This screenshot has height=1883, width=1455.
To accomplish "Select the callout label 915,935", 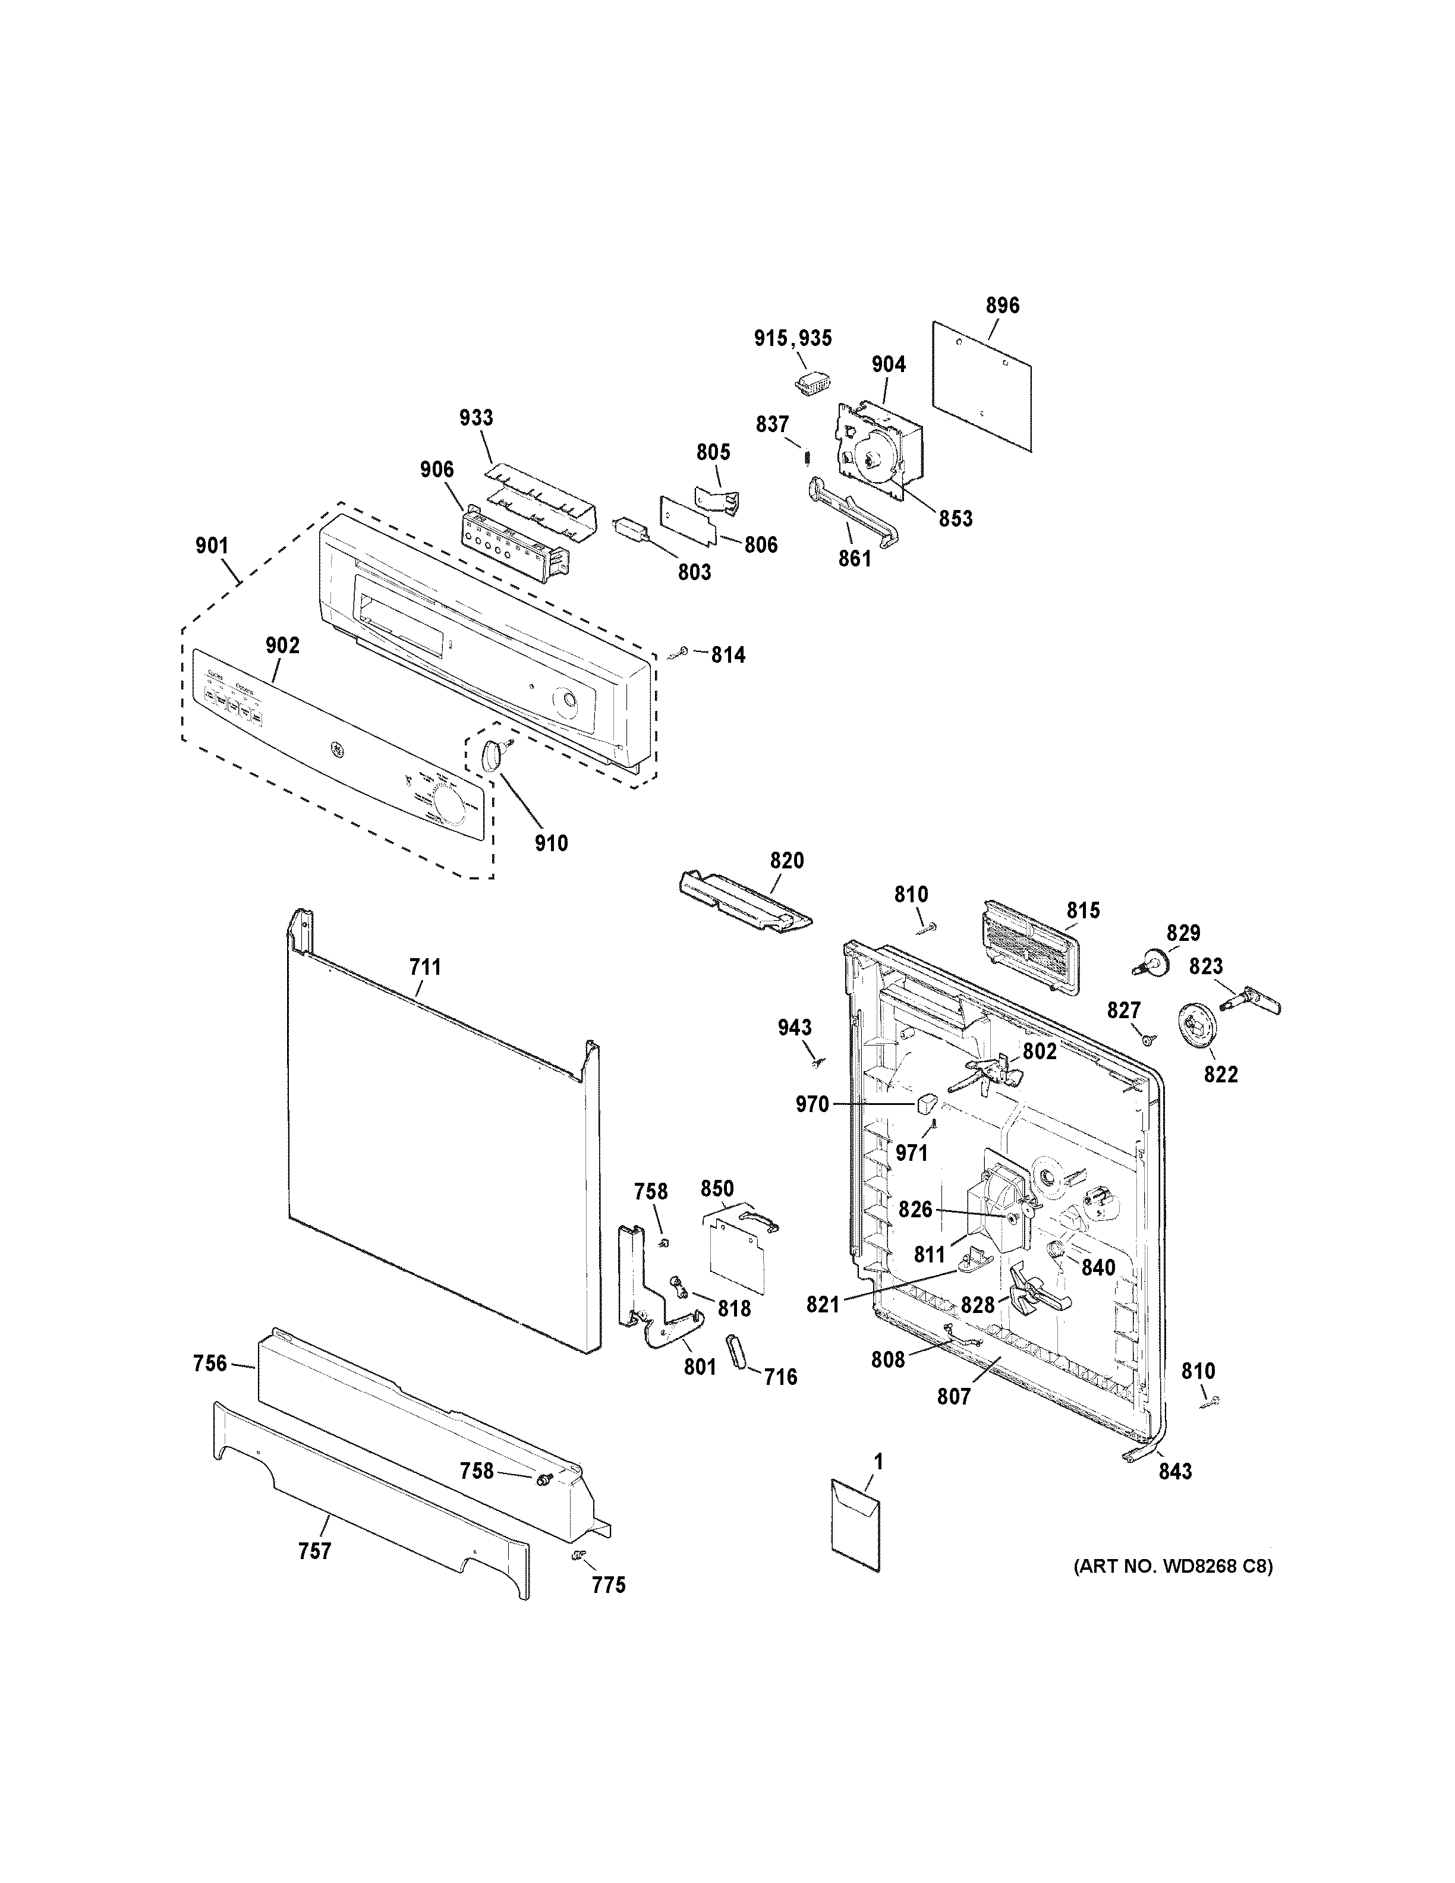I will tap(793, 338).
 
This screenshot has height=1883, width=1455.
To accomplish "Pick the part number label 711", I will tap(424, 968).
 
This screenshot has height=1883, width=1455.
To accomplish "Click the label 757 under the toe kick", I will tap(314, 1551).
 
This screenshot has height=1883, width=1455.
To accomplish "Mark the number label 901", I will tap(212, 545).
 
